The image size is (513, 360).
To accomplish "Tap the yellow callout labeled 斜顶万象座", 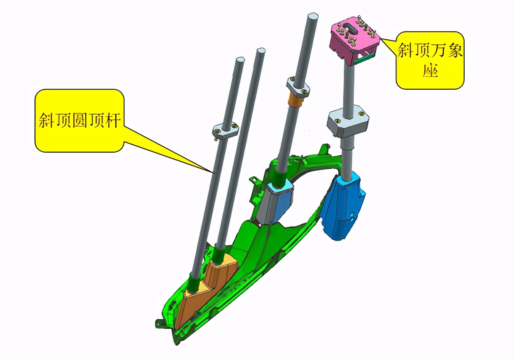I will point(430,61).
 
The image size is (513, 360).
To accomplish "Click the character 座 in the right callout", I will point(430,72).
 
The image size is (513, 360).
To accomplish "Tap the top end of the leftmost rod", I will point(241,60).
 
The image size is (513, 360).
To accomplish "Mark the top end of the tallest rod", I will point(313,17).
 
